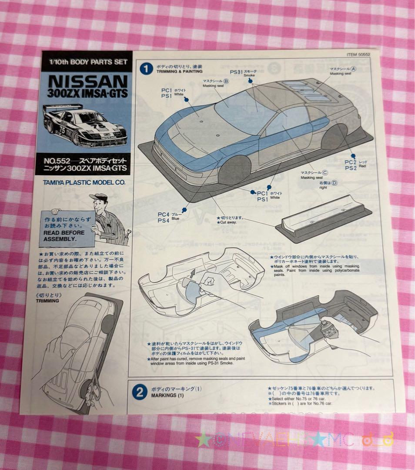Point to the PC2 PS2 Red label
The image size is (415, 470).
point(351,164)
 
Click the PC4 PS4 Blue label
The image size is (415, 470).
point(164,217)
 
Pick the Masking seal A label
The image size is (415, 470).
point(341,71)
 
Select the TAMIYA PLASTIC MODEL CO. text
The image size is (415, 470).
point(84,183)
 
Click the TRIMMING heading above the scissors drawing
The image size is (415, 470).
point(48,300)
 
